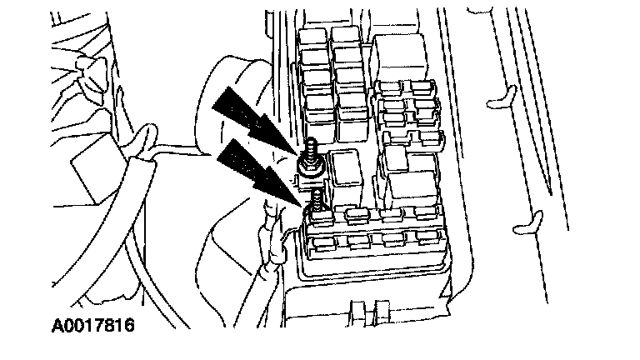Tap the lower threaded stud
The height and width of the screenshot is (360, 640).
tap(317, 200)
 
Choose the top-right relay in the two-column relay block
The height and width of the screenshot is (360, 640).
tap(342, 37)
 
